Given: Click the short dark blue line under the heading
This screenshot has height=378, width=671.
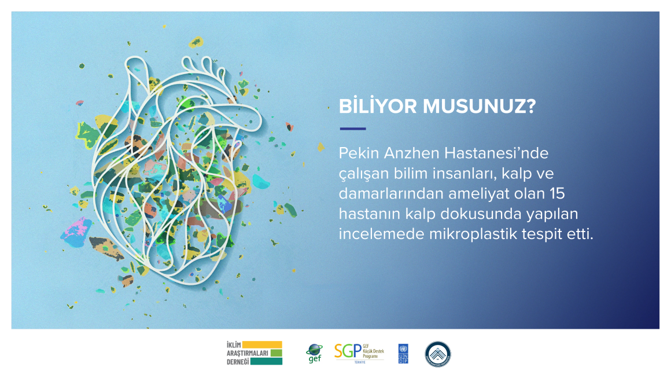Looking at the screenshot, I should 352,129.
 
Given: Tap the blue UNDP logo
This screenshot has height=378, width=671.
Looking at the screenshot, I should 403,354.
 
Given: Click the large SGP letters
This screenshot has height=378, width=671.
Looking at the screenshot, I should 347,351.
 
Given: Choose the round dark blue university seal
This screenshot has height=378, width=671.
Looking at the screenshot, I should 438,354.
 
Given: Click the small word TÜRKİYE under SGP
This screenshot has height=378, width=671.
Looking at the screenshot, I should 359,362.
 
